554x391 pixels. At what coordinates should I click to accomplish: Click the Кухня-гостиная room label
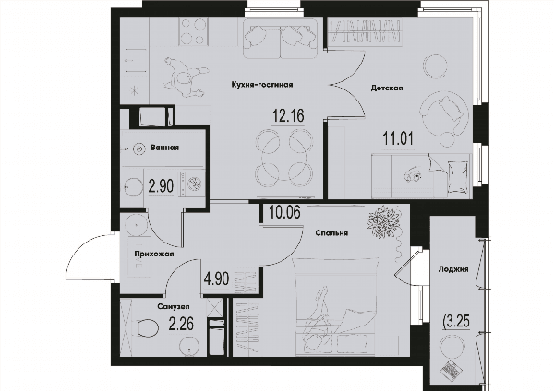point(262,85)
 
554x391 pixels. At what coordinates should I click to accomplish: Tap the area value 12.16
point(288,115)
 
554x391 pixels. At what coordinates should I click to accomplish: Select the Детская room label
point(387,88)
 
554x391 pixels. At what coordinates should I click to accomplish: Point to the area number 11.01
point(398,138)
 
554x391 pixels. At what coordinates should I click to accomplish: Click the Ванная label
point(164,148)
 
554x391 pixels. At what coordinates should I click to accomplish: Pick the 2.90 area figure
point(161,185)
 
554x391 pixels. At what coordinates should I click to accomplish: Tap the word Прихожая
point(153,254)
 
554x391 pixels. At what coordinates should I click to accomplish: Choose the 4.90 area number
point(216,278)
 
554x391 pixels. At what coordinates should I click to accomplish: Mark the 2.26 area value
point(181,324)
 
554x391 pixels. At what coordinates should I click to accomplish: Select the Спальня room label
point(331,233)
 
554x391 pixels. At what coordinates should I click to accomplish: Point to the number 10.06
point(284,212)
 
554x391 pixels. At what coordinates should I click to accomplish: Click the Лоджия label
point(453,269)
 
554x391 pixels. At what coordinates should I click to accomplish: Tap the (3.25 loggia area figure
point(456,322)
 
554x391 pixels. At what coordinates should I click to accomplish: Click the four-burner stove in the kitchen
point(193,31)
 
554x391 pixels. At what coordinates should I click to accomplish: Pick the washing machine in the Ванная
point(192,184)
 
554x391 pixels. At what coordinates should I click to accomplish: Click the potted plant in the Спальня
point(383,223)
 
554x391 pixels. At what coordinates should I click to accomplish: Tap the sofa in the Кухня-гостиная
point(280,38)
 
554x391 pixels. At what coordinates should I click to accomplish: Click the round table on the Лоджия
point(452,346)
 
